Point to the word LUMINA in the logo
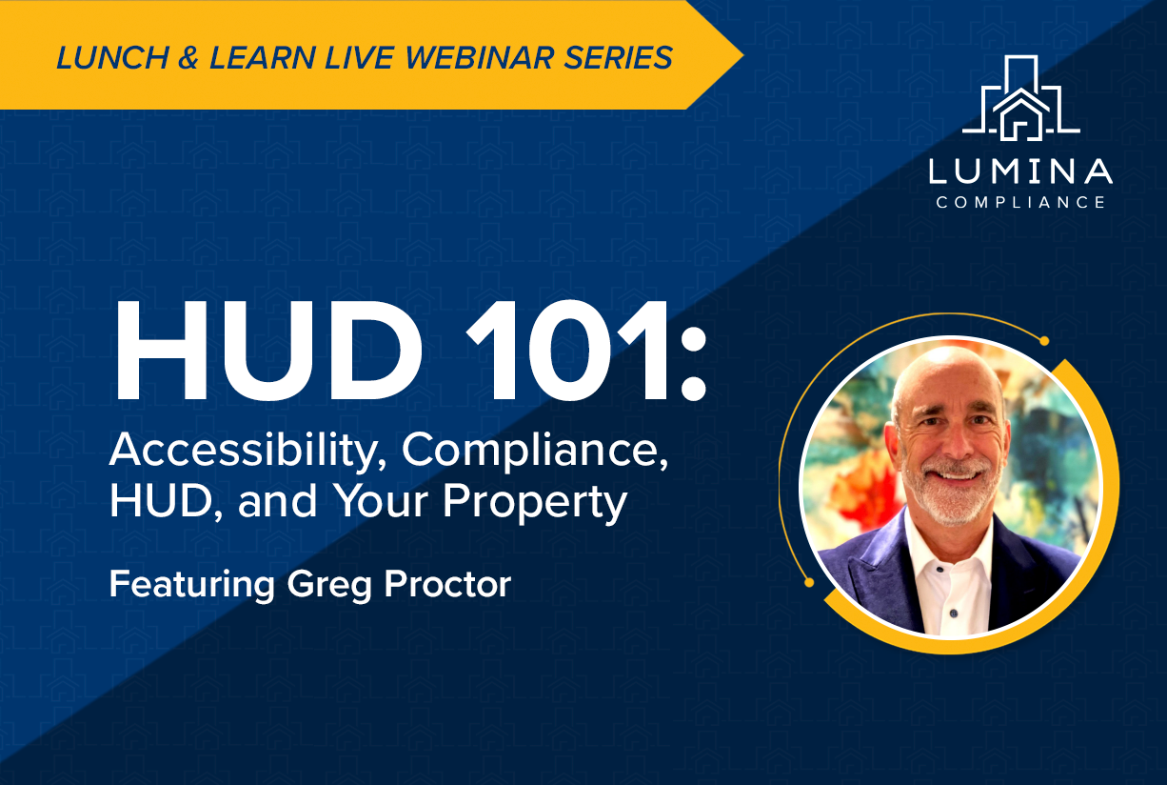coord(1020,172)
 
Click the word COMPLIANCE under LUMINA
coord(1020,202)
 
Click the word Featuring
coord(191,583)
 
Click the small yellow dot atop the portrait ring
coord(1044,340)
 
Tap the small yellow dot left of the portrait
coord(808,581)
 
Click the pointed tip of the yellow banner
coord(741,55)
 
